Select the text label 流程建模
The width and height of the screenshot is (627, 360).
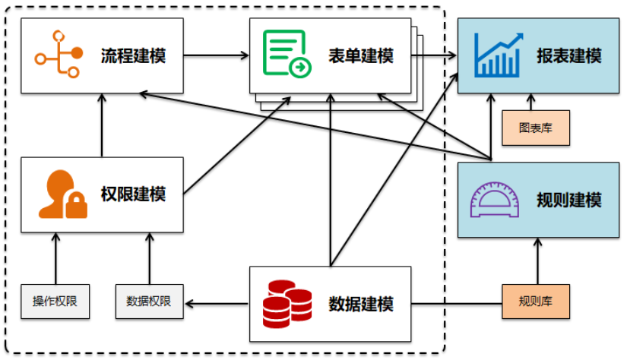coord(133,56)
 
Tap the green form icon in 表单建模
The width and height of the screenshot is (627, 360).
coord(287,54)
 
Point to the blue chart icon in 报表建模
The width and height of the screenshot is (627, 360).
coord(499,55)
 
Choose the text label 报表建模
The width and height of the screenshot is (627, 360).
coord(568,56)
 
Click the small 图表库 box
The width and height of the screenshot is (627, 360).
coord(536,128)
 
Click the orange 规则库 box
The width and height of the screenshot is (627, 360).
coord(536,302)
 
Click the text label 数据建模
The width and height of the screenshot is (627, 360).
coord(361,305)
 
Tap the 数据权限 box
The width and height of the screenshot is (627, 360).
coord(149,302)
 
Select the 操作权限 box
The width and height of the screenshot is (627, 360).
coord(55,302)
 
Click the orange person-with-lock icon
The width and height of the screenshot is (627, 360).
coord(62,195)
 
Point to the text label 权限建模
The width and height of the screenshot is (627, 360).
coord(133,194)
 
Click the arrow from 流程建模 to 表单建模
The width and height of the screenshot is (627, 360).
coord(217,55)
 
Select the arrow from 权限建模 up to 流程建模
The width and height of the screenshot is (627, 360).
coord(102,125)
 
